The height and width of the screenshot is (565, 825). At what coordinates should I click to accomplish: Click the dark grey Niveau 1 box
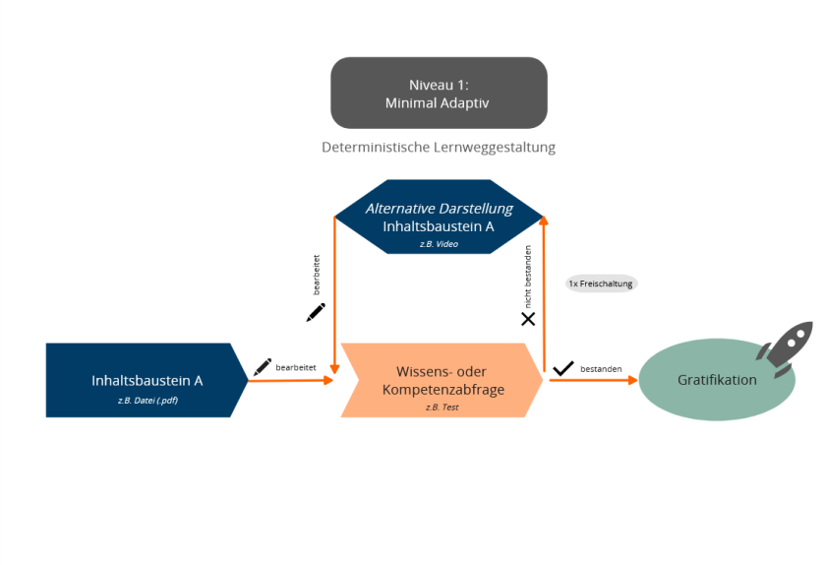click(x=439, y=93)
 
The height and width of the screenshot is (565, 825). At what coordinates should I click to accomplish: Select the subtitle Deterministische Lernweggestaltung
click(x=439, y=148)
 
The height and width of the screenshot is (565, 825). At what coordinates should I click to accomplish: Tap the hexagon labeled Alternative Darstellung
click(x=439, y=217)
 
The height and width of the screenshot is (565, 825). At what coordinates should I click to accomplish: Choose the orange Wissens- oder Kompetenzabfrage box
click(x=442, y=380)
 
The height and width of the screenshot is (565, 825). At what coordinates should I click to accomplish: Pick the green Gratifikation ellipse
click(x=717, y=380)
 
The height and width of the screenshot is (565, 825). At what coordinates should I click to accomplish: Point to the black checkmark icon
click(x=563, y=368)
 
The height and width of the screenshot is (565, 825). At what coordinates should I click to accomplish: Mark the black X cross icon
click(x=528, y=319)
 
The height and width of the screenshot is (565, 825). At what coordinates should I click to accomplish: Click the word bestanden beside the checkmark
click(x=601, y=369)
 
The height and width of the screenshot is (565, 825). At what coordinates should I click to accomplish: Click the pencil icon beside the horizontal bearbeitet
click(x=263, y=367)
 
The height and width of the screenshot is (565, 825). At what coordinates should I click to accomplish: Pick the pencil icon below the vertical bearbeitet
click(x=316, y=313)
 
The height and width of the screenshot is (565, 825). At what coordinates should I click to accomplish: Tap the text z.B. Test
click(x=442, y=407)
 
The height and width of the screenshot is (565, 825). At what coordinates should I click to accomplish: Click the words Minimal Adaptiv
click(x=439, y=102)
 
